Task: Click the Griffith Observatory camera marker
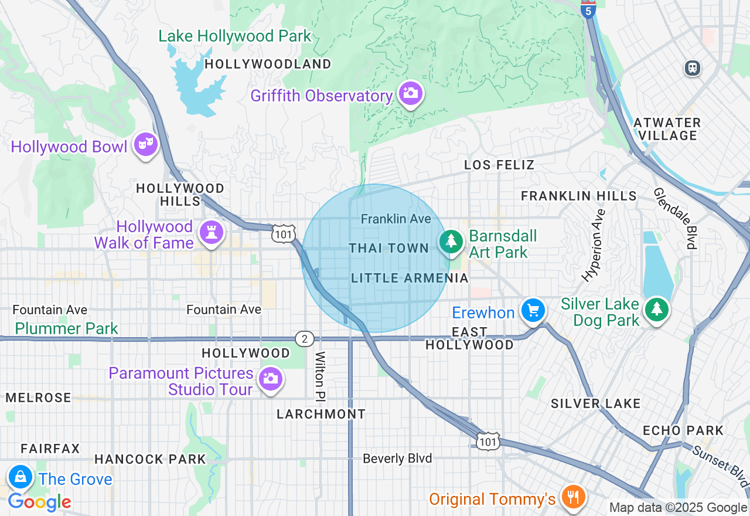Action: click(410, 93)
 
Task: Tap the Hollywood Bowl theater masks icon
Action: click(145, 144)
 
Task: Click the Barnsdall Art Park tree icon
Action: click(451, 241)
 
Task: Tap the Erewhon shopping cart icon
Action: click(533, 310)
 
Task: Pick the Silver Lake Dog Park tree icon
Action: click(657, 309)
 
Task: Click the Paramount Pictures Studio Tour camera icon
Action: click(270, 378)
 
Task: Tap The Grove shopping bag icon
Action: click(21, 477)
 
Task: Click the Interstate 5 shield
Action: click(588, 9)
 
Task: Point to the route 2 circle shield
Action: click(304, 339)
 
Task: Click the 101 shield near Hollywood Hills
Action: click(282, 233)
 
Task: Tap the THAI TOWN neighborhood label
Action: click(389, 249)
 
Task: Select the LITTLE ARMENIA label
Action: click(410, 279)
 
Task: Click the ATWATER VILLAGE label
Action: click(667, 129)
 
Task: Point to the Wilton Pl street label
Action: click(320, 376)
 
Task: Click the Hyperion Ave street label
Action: click(594, 244)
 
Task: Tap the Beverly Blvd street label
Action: click(397, 459)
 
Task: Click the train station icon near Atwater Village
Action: click(693, 68)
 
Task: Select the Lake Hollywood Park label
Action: click(234, 36)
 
